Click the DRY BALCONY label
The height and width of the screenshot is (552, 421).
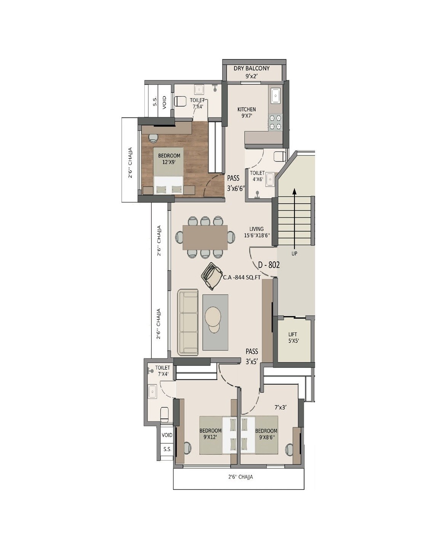coord(251,69)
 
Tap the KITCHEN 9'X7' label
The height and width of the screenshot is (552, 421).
coord(247,113)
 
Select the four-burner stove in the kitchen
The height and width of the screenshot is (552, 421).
coord(275,122)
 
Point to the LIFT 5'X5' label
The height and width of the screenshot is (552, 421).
coord(293,338)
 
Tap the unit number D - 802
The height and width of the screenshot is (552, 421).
coord(269,265)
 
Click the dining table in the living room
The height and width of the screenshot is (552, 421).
coord(205,237)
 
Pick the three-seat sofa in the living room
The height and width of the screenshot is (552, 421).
coord(188,322)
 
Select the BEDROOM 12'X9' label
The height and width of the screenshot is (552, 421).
coord(169,158)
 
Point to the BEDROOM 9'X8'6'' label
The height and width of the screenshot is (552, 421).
coord(266,434)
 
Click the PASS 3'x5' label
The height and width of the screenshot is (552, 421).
coord(252,356)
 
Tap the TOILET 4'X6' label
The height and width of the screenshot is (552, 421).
coord(257,176)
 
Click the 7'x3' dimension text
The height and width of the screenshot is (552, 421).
coord(281,407)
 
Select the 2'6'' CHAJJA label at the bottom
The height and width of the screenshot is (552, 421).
coord(240,477)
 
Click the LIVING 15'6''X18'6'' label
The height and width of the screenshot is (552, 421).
coord(257,232)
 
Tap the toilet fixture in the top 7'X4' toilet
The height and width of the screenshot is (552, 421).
coord(180,101)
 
